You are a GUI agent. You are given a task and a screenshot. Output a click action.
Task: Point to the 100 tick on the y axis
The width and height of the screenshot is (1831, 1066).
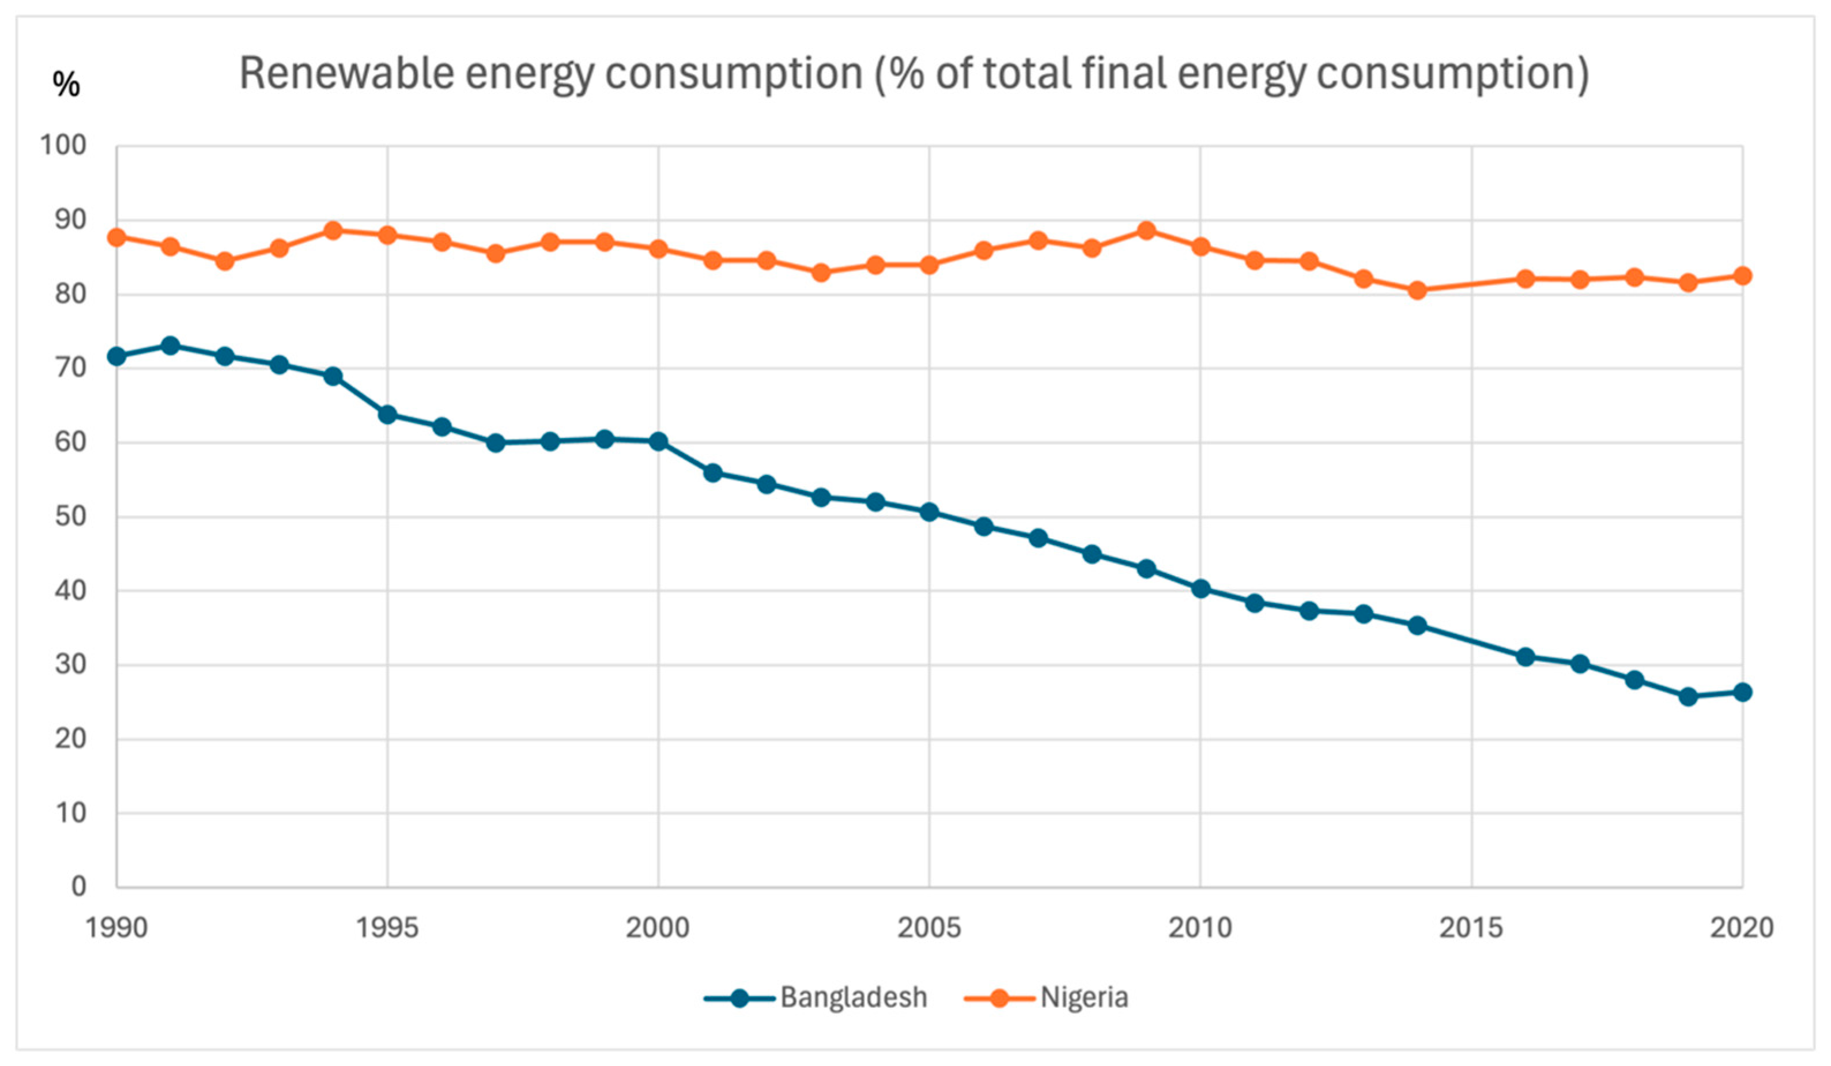point(62,145)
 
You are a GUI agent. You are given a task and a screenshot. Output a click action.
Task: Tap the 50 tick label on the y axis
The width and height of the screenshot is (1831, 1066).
point(70,517)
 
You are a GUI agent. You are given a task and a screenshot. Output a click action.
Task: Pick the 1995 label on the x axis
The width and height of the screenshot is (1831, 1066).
point(387,928)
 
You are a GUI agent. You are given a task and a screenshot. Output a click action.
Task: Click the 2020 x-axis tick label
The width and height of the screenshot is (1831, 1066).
point(1742,928)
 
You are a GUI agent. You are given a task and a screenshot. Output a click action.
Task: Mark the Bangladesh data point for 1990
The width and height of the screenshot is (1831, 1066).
point(116,356)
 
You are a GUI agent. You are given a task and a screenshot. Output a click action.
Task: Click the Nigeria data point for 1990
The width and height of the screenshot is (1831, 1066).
point(116,237)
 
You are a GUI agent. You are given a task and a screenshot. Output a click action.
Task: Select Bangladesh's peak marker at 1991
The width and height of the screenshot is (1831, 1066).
point(171,345)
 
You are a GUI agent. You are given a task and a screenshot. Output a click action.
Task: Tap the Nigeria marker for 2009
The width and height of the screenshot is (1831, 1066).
point(1146,231)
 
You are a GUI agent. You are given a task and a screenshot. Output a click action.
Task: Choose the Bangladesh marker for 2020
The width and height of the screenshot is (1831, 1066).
point(1742,692)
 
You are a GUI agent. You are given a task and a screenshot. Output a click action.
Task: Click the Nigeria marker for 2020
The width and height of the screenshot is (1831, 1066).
point(1742,275)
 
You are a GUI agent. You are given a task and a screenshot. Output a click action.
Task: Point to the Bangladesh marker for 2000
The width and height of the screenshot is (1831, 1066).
point(658,441)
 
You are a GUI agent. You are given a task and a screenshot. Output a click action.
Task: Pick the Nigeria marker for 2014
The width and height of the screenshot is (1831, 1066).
point(1417,290)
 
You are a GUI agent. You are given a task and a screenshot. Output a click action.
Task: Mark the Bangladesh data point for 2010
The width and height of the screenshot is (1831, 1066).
point(1200,588)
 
